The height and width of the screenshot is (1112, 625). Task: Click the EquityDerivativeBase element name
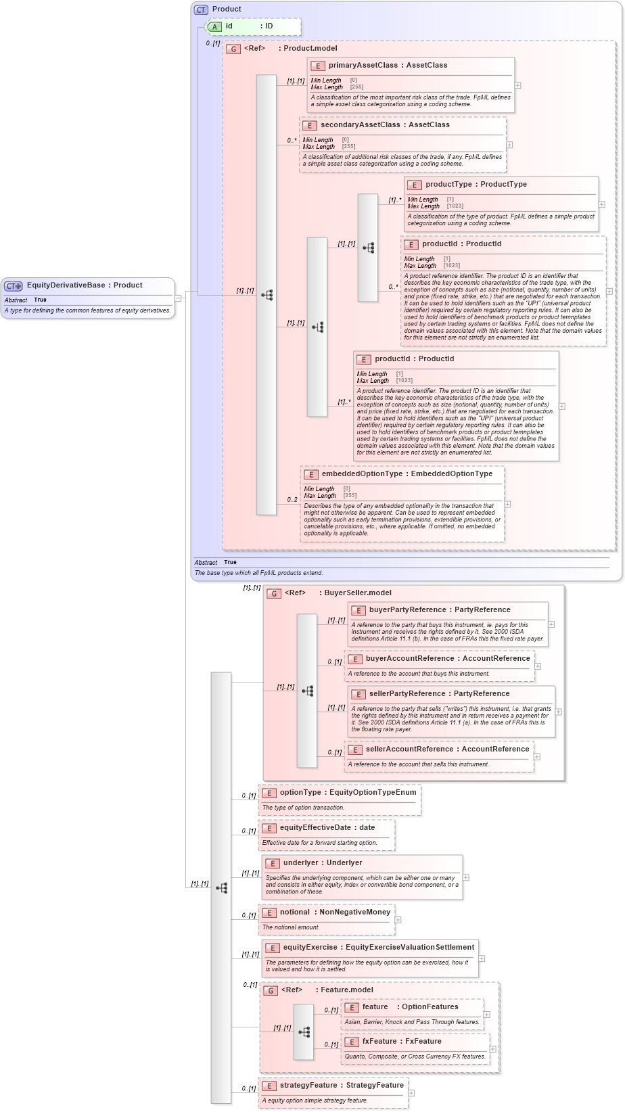66,285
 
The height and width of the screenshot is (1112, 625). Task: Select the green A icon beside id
214,27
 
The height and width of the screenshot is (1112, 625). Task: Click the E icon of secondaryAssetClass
309,126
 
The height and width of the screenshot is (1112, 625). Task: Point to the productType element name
448,185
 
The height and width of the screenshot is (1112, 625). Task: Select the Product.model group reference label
310,49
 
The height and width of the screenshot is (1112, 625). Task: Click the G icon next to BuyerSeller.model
274,593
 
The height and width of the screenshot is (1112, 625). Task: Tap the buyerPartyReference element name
407,610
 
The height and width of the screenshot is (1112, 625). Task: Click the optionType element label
300,793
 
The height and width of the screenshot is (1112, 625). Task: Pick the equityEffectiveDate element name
315,828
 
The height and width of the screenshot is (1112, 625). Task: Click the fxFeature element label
379,1042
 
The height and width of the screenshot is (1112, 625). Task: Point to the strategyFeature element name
308,1086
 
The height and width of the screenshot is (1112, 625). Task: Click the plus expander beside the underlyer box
466,877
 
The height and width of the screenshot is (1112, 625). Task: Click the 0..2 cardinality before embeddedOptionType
292,500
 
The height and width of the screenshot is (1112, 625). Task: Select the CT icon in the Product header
201,9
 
